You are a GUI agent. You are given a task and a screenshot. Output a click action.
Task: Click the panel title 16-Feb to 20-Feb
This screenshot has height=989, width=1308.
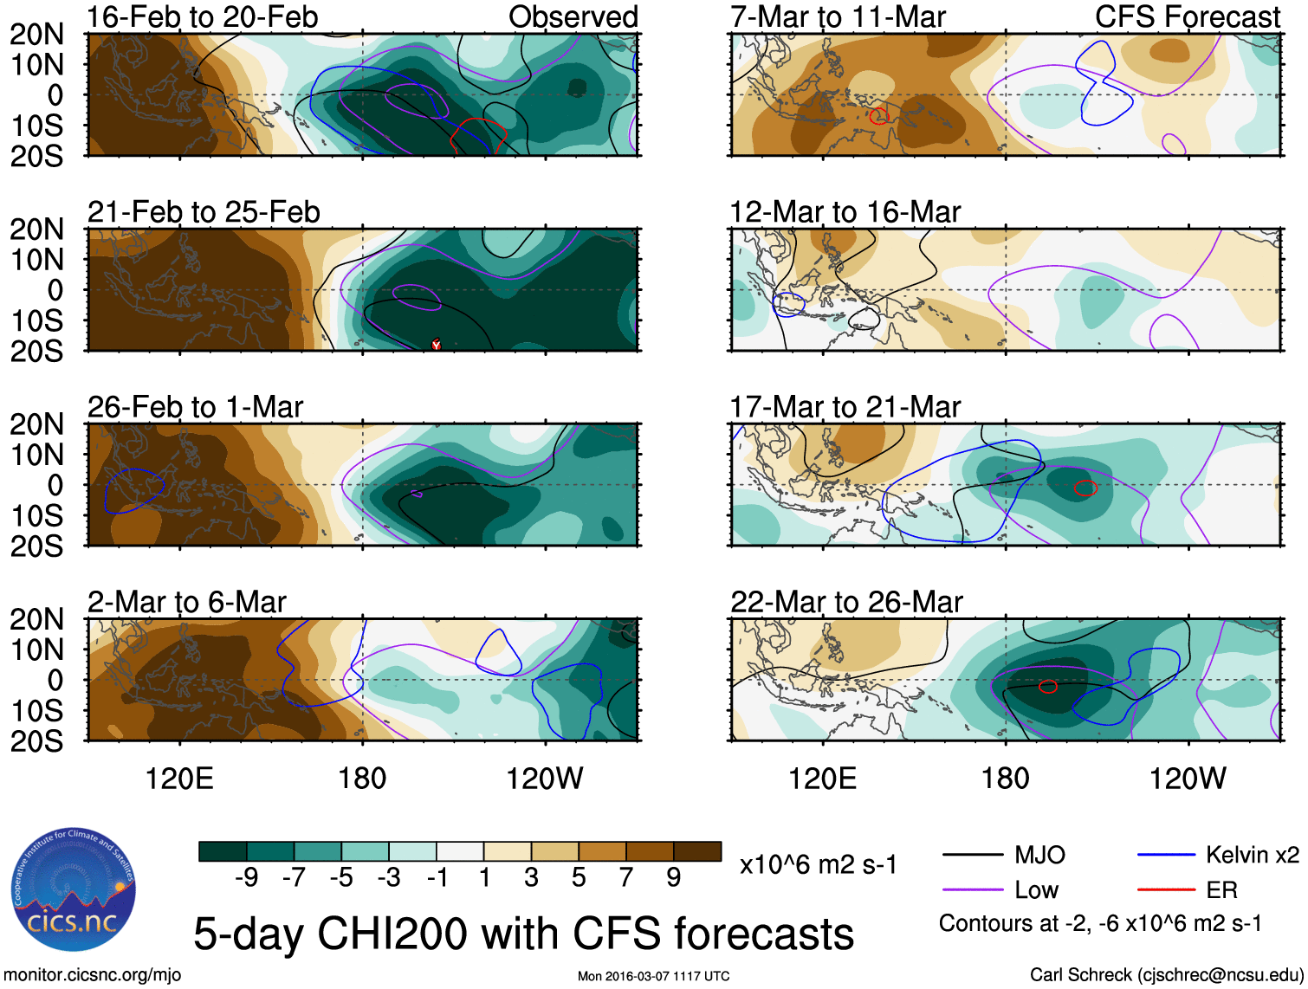(203, 17)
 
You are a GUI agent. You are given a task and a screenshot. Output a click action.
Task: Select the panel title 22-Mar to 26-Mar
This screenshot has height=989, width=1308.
(846, 602)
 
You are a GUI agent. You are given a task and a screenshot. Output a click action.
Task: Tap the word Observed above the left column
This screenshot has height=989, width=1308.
(573, 17)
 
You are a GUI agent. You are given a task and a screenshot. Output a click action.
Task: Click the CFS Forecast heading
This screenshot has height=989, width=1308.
(1187, 17)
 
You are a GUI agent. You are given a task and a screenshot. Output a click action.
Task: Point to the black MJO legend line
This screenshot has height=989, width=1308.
(973, 856)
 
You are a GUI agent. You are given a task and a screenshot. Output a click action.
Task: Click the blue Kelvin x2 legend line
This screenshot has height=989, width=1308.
(1166, 856)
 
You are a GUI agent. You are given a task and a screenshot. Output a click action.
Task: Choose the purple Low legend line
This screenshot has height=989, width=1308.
(973, 890)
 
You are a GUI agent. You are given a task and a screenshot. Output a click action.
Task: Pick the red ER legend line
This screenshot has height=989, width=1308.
(1166, 890)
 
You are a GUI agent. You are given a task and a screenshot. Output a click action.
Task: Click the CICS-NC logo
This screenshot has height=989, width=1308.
(74, 889)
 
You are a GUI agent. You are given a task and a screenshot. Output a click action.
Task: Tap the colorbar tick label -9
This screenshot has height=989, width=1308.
(246, 878)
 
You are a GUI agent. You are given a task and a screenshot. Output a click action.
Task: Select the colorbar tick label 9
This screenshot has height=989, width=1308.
(673, 878)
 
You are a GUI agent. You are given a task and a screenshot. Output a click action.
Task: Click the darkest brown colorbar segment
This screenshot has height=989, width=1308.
(697, 851)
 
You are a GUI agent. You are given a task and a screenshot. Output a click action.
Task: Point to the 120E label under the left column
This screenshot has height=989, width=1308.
(179, 779)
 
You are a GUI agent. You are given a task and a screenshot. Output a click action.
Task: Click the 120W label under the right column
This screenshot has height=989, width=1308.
(1187, 779)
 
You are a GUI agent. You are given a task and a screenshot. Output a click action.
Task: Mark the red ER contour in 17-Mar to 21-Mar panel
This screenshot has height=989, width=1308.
(1085, 488)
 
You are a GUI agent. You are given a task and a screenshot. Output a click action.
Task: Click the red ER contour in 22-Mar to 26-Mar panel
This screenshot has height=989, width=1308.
(1048, 687)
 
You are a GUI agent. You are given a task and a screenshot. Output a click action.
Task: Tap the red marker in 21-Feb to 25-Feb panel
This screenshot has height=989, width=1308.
(437, 344)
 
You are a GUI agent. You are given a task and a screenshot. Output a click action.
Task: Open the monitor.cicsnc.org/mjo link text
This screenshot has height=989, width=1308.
(93, 975)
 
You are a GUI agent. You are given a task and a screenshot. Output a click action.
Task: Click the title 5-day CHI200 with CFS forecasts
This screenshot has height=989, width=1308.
(523, 934)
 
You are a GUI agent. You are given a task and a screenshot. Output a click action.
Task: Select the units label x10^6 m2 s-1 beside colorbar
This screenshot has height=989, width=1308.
(818, 865)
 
